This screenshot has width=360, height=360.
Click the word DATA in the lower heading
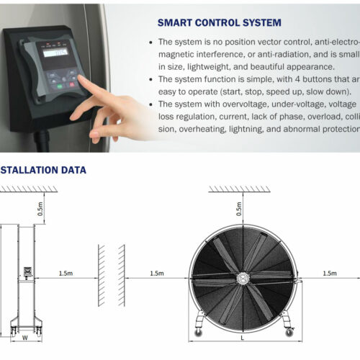[72, 171]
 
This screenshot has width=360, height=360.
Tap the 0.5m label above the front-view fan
[240, 209]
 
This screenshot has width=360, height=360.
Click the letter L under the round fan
[243, 338]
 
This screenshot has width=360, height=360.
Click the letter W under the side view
[24, 336]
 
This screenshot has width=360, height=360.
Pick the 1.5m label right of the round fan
[330, 274]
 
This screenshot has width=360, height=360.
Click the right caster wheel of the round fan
[289, 325]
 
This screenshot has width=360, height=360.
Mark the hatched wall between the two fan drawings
[111, 274]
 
